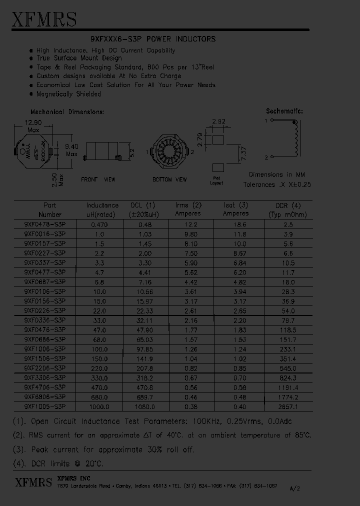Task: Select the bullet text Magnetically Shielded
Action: pyautogui.click(x=68, y=93)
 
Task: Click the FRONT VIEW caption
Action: pyautogui.click(x=98, y=179)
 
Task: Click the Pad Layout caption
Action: pyautogui.click(x=216, y=181)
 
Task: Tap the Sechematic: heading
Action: pyautogui.click(x=284, y=111)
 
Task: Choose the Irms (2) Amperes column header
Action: pyautogui.click(x=188, y=209)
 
